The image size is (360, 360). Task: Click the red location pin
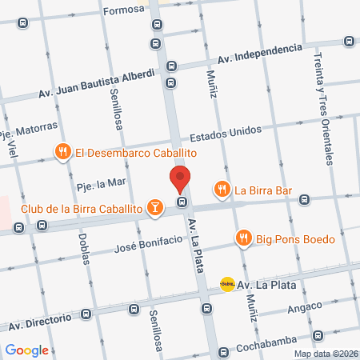point(181,179)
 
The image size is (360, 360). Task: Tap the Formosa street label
point(125,10)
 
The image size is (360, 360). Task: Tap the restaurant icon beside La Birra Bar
point(222,190)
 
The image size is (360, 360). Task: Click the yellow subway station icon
point(227,284)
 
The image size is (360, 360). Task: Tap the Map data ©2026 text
point(325,354)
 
